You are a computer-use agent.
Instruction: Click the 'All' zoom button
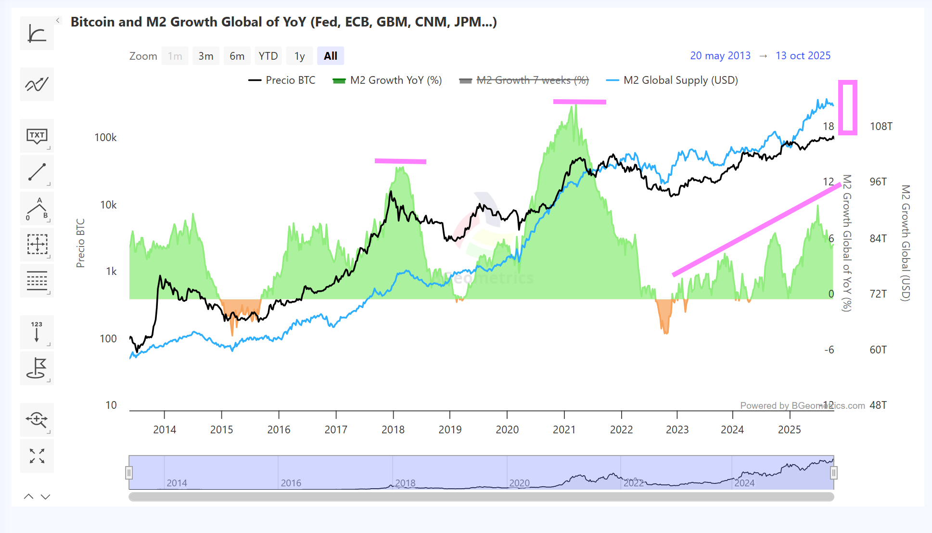coord(331,56)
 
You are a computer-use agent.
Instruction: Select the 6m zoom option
coord(237,56)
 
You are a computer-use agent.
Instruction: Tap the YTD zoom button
coord(268,56)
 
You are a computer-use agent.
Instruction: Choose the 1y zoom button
coord(299,56)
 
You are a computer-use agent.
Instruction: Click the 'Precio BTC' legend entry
coord(282,80)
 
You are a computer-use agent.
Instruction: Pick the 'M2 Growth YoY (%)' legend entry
coord(387,80)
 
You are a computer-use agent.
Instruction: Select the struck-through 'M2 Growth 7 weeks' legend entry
coord(524,80)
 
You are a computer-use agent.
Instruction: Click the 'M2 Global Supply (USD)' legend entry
coord(672,80)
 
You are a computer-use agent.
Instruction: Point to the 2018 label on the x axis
coord(393,429)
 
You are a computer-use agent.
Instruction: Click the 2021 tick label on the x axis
coord(564,429)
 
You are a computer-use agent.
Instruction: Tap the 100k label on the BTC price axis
coord(105,138)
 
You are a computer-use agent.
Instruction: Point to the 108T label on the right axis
coord(881,127)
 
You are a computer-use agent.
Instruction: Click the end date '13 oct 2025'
coord(803,56)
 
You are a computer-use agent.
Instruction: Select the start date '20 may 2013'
coord(720,56)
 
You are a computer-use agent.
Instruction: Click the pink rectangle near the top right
coord(848,107)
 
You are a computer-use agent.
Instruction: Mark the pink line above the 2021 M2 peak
coord(579,102)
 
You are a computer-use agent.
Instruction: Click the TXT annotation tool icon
coord(37,136)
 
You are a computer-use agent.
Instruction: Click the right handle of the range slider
coord(834,473)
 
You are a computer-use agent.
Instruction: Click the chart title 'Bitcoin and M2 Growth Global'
coord(284,22)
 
